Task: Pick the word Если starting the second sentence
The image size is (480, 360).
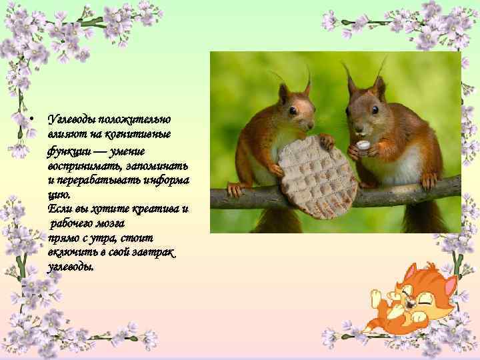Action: [58, 209]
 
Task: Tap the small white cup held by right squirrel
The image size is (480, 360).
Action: [363, 145]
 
